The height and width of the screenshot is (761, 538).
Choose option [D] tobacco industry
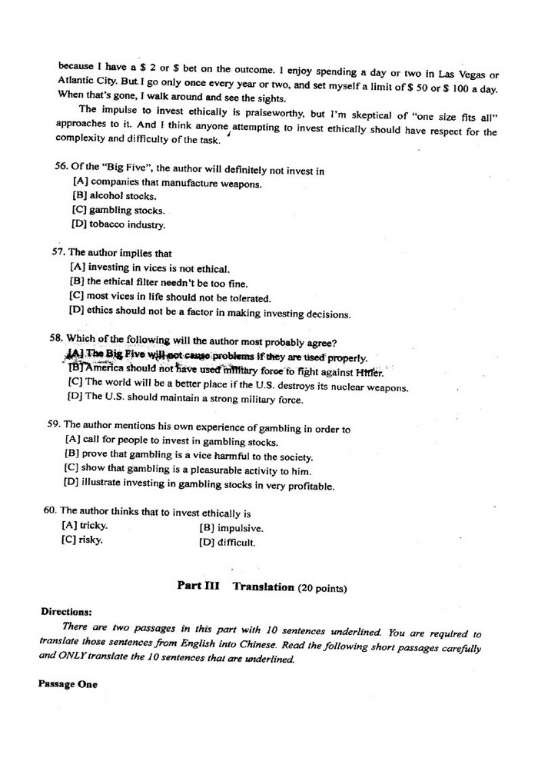118,224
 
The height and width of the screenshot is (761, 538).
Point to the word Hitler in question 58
369,373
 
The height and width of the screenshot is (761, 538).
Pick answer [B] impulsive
231,528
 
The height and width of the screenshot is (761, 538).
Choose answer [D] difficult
227,543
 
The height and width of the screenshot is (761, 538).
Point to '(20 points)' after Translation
323,588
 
